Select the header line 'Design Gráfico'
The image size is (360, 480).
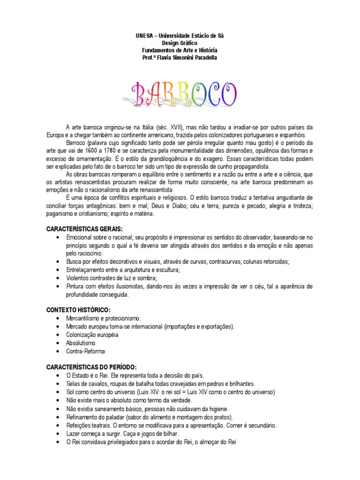[x=180, y=43]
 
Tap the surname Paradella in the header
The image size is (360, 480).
[x=205, y=57]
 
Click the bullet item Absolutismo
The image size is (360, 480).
[x=81, y=343]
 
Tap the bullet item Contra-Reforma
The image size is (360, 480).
[x=86, y=351]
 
